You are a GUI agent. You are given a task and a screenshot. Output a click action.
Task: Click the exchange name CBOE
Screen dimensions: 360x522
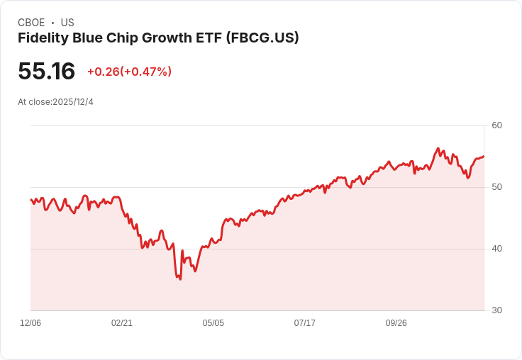click(x=31, y=23)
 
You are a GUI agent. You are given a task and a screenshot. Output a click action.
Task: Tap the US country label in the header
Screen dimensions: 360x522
click(x=67, y=23)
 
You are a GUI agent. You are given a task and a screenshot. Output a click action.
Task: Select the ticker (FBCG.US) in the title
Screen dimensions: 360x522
click(x=262, y=38)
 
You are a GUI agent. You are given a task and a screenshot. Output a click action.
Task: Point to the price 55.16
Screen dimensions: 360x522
click(x=46, y=72)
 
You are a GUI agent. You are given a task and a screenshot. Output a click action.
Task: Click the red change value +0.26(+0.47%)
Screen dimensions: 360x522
click(x=129, y=72)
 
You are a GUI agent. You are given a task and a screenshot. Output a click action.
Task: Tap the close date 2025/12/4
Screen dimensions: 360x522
click(x=73, y=102)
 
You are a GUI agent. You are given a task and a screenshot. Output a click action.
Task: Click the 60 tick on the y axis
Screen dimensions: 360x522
click(x=496, y=125)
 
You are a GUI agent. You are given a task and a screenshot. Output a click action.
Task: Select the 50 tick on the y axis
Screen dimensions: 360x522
click(x=496, y=187)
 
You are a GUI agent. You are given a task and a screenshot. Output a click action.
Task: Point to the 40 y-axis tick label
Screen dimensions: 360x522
click(x=496, y=249)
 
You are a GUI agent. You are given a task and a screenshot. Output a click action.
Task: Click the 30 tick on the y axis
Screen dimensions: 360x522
click(x=496, y=310)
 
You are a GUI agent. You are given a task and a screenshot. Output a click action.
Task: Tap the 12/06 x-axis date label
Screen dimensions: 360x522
click(x=30, y=323)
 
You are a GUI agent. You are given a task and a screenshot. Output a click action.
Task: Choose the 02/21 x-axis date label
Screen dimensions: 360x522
click(x=122, y=323)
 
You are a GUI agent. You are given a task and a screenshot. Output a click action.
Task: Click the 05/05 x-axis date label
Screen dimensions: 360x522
click(x=213, y=323)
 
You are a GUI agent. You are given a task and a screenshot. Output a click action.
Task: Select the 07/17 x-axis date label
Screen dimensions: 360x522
click(x=305, y=323)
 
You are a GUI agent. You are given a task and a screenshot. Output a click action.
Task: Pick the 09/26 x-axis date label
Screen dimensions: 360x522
click(x=396, y=323)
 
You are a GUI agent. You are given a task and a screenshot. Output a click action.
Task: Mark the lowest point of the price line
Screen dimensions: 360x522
click(x=180, y=279)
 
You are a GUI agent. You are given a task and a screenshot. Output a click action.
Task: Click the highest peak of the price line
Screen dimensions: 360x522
click(x=438, y=149)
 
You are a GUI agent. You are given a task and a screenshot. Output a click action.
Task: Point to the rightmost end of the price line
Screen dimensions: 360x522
click(x=484, y=157)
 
